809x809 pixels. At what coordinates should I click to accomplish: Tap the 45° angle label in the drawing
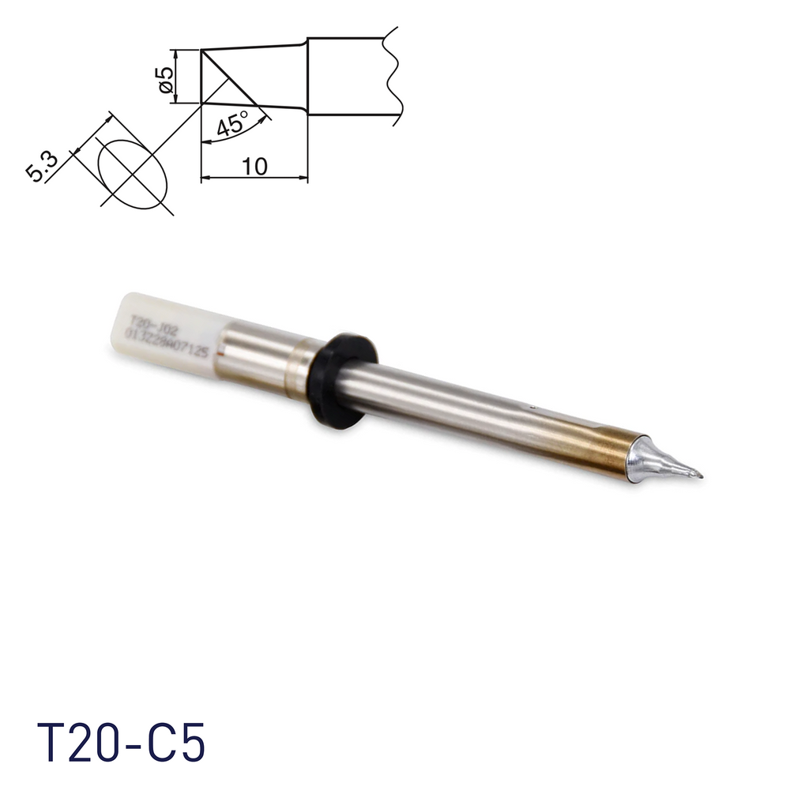[x=231, y=123]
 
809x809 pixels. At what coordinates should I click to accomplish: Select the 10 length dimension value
[x=254, y=166]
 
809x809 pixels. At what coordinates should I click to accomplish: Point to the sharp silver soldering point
[x=695, y=474]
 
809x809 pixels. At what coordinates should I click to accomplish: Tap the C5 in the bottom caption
[x=179, y=743]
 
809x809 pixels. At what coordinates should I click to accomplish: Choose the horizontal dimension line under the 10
[x=254, y=178]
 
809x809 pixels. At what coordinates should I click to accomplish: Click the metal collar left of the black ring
[x=302, y=363]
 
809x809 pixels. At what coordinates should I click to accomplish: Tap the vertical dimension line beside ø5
[x=175, y=77]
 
